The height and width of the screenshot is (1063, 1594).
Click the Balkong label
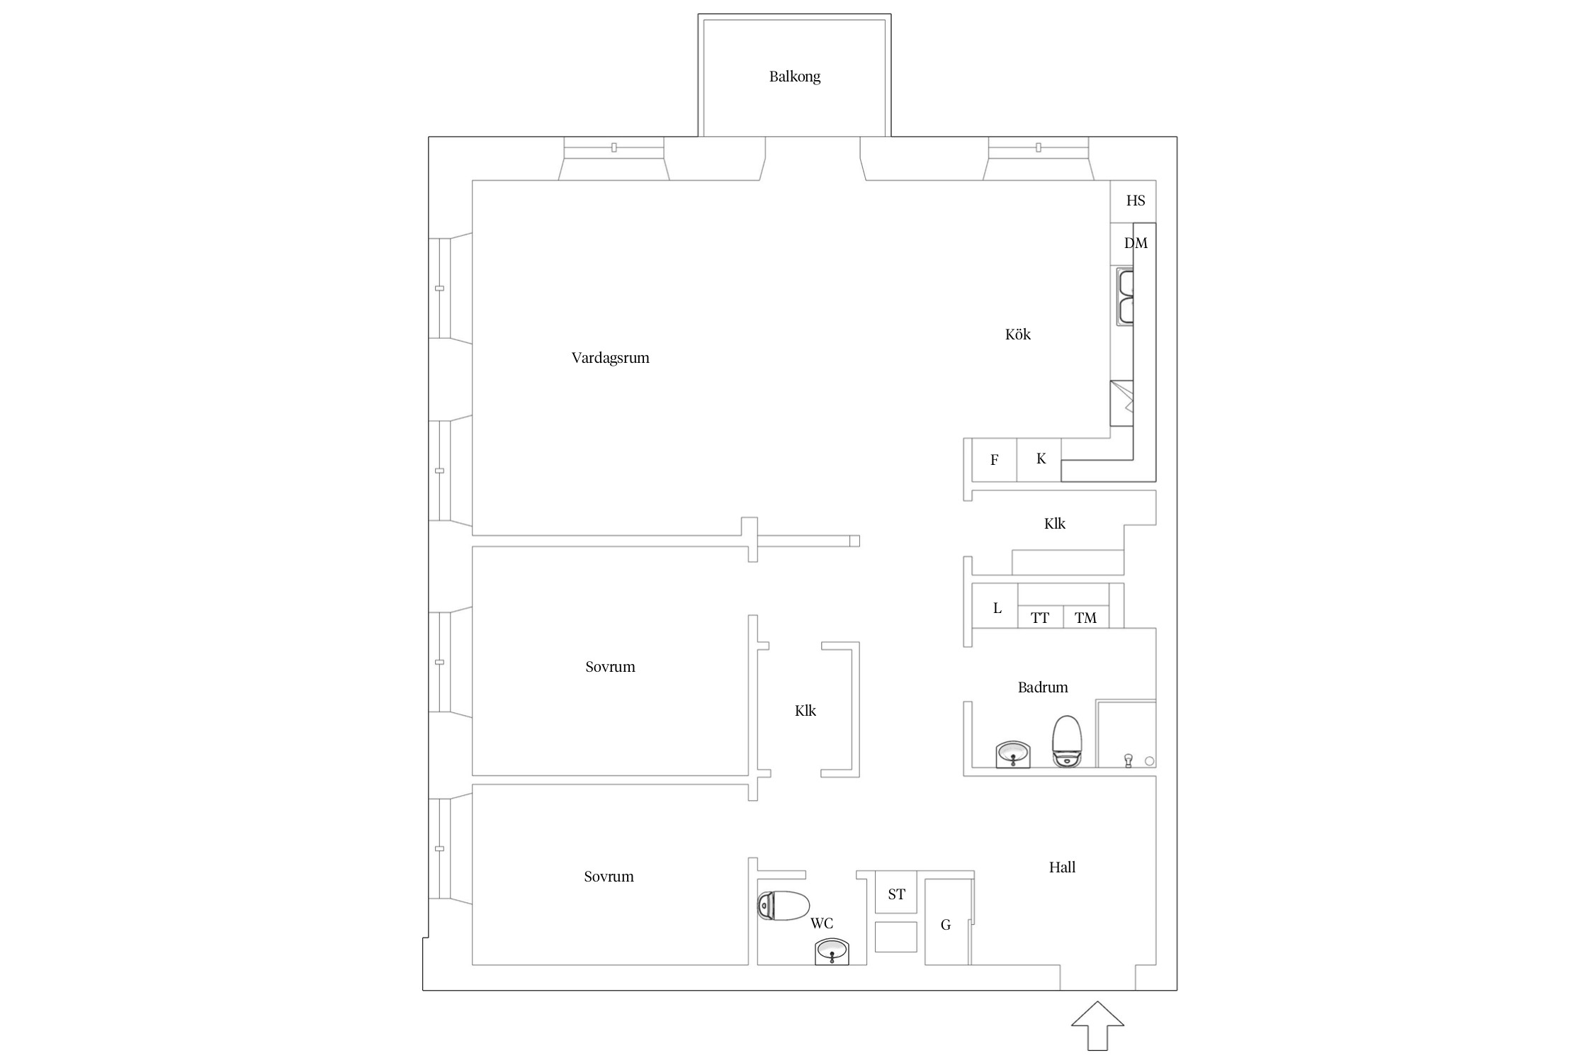pyautogui.click(x=795, y=77)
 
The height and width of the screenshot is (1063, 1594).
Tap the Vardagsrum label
pyautogui.click(x=610, y=358)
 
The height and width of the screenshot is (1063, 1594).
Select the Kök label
pyautogui.click(x=1017, y=334)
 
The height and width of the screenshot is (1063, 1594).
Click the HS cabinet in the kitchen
pyautogui.click(x=1133, y=201)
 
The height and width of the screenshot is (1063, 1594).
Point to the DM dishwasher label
pyautogui.click(x=1136, y=243)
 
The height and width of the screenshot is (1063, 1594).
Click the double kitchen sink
pyautogui.click(x=1125, y=297)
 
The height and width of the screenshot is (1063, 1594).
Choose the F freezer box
pyautogui.click(x=995, y=460)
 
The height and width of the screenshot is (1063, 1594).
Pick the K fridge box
pyautogui.click(x=1039, y=460)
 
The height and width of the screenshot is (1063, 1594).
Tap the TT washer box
pyautogui.click(x=1041, y=617)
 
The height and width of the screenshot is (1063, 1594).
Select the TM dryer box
pyautogui.click(x=1086, y=617)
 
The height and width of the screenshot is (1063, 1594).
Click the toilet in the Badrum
pyautogui.click(x=1067, y=741)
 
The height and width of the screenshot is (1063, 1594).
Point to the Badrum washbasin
pyautogui.click(x=1013, y=754)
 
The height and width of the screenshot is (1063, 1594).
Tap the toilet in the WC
pyautogui.click(x=784, y=906)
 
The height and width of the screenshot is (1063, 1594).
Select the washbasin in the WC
pyautogui.click(x=832, y=951)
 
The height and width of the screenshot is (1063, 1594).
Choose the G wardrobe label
pyautogui.click(x=946, y=925)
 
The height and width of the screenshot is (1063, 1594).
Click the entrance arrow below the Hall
pyautogui.click(x=1097, y=1025)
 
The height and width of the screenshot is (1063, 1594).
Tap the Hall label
pyautogui.click(x=1062, y=867)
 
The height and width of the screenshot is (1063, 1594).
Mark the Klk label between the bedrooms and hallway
pyautogui.click(x=806, y=711)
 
